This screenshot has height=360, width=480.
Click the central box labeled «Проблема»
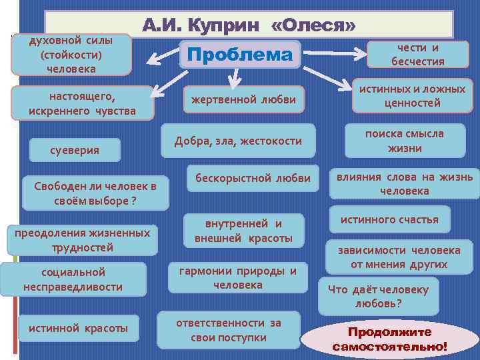pos(241,55)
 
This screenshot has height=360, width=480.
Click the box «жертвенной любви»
pos(244,100)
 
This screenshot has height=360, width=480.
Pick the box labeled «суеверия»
pos(75,150)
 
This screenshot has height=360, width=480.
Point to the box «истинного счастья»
pos(389,219)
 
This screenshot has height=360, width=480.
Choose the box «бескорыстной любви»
pos(253,178)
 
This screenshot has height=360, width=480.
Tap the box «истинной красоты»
pos(79,327)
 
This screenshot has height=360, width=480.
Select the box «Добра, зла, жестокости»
pos(238,141)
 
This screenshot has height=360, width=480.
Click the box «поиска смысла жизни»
pos(404,141)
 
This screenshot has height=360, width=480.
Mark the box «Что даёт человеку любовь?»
pos(378,296)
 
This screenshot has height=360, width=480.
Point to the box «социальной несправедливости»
pos(73,279)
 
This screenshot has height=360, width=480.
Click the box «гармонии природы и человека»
pos(238,277)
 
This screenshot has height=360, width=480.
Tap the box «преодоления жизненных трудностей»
pos(83,240)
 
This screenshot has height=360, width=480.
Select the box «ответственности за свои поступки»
pos(229,330)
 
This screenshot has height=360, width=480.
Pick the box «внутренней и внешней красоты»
pos(243,231)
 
